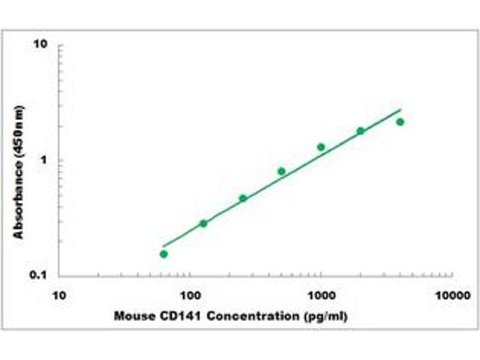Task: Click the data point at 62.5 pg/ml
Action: coord(164,254)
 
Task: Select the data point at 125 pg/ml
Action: coord(203,223)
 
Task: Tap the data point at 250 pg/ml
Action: coord(243,198)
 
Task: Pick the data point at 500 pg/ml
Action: coord(281,171)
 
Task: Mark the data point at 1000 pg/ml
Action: coord(321,147)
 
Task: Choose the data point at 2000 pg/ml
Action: coord(361,131)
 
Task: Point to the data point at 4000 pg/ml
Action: coord(400,122)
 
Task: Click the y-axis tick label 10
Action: coord(41,45)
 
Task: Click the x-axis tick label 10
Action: coord(59,296)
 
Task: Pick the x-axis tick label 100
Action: coord(190,296)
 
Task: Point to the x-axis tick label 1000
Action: coord(322,296)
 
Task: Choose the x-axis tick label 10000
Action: coord(452,296)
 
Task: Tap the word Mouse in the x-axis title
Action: coord(130,316)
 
